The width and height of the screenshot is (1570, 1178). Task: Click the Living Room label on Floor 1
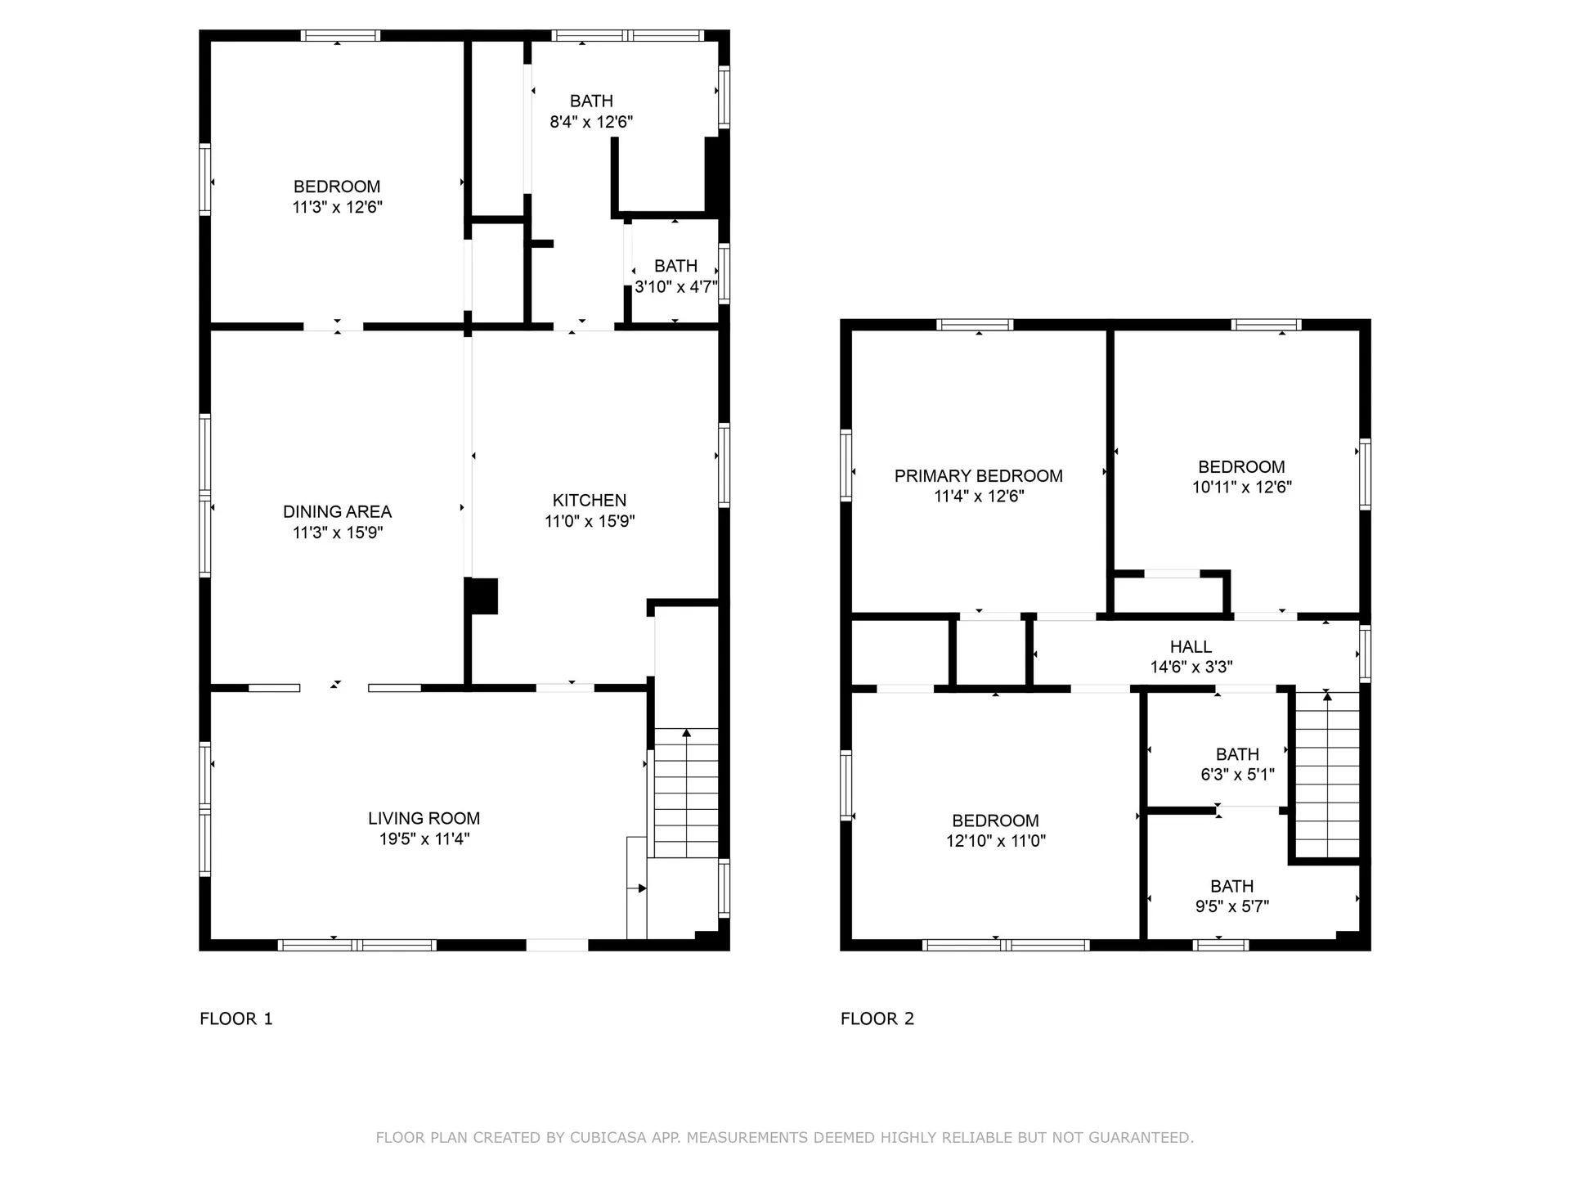(424, 818)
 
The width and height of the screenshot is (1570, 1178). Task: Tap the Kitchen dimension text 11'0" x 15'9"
(590, 521)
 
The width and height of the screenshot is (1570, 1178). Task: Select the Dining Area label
(337, 512)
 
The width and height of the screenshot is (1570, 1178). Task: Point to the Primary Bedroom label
(978, 476)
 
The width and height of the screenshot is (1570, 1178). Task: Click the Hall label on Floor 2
(1191, 647)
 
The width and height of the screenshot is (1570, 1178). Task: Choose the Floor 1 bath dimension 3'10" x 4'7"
(675, 287)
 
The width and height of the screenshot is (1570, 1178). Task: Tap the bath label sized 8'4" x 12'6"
(591, 101)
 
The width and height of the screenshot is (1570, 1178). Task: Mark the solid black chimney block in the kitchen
(482, 596)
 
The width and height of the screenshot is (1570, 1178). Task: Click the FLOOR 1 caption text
(235, 1018)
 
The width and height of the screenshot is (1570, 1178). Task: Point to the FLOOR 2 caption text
(877, 1018)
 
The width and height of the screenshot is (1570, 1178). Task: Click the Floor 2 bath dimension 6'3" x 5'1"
(1237, 775)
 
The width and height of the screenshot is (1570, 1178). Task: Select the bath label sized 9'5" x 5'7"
(1231, 887)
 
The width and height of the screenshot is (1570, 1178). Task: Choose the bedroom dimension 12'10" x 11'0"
(995, 841)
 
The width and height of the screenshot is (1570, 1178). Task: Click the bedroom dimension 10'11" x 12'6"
(1241, 488)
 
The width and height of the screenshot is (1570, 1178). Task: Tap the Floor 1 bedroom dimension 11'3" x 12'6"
(337, 207)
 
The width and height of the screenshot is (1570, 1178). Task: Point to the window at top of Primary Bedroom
(975, 325)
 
